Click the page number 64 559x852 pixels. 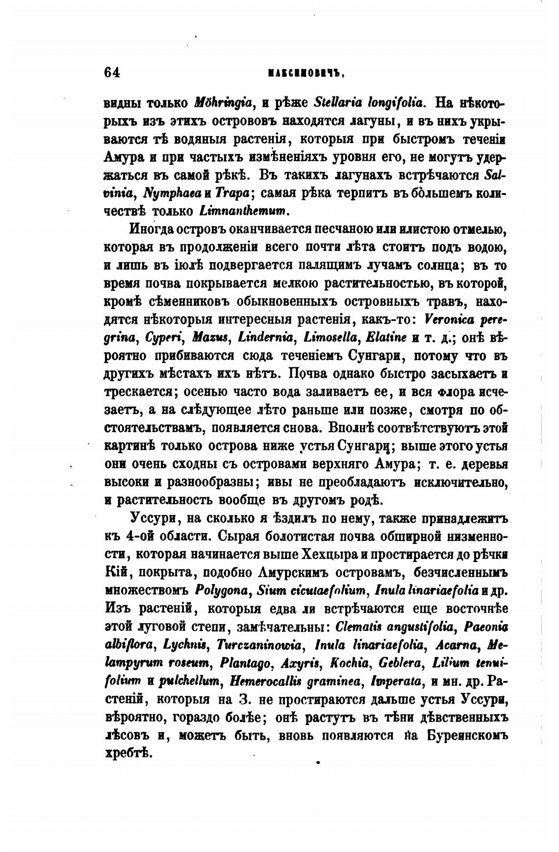pos(112,72)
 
